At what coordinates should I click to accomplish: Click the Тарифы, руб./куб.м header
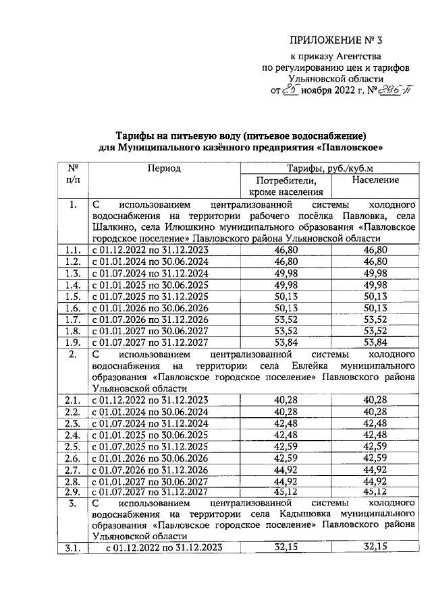329,169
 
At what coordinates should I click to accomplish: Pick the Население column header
375,181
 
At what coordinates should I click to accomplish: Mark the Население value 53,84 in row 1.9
374,342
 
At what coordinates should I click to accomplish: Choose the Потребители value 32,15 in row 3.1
286,549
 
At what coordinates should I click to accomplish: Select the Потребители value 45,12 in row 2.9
286,492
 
